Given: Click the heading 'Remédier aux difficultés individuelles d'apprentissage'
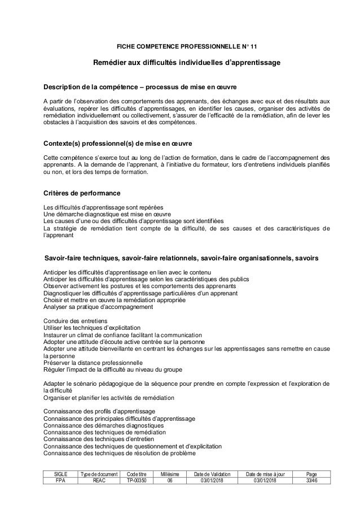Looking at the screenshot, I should (x=186, y=62).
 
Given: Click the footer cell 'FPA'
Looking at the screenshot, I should (x=60, y=481).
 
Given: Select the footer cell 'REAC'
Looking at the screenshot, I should (x=99, y=481).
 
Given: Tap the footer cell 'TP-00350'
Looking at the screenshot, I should (x=137, y=481).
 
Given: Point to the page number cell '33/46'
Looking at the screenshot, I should (x=311, y=481).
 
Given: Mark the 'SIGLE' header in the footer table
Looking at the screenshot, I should (x=60, y=473).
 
